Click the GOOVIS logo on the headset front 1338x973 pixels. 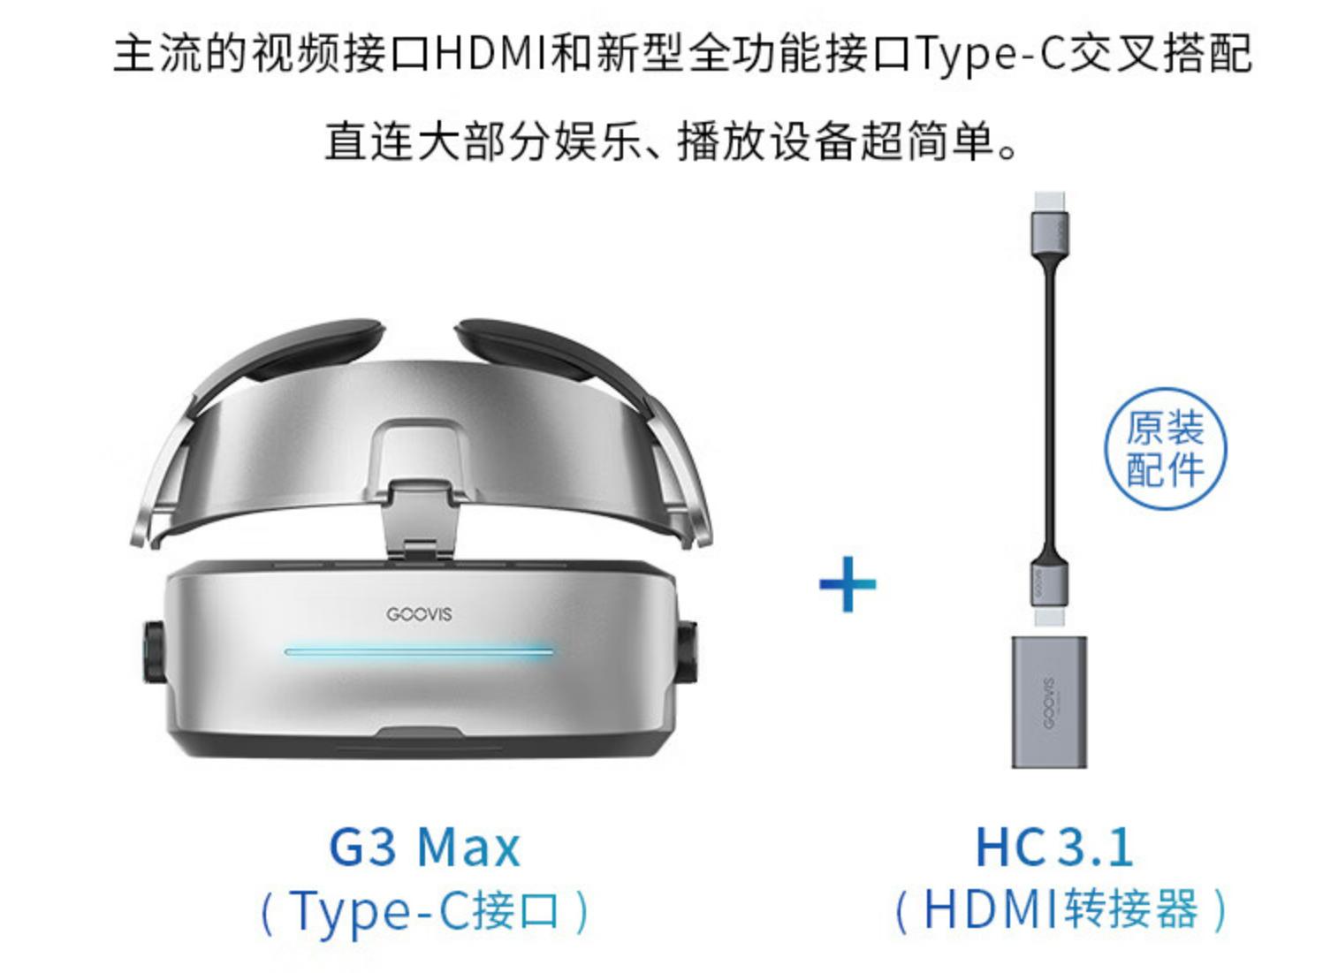point(419,614)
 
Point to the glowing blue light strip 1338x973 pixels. point(419,652)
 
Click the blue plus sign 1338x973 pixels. point(848,584)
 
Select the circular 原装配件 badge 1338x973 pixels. point(1166,449)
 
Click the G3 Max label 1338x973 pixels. point(424,847)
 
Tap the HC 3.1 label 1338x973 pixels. point(1054,847)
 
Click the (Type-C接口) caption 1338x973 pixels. point(424,910)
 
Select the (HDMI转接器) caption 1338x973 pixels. point(1060,910)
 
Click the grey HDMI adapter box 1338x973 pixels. point(1049,703)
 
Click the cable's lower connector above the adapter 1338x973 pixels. point(1049,588)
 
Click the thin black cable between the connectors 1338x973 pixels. point(1050,398)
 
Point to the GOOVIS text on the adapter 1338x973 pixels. point(1048,703)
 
